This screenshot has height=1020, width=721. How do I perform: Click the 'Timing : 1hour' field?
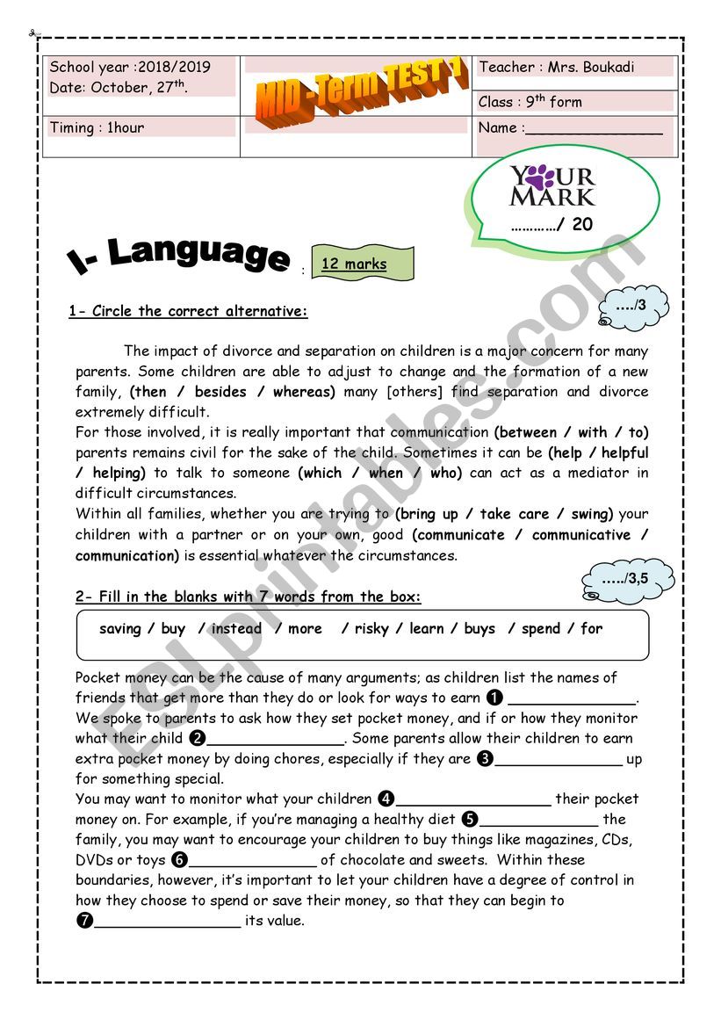point(97,128)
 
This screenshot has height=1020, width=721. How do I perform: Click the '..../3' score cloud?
point(634,308)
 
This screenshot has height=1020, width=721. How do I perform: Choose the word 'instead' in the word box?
point(236,629)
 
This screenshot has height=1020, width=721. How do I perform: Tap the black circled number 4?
point(386,799)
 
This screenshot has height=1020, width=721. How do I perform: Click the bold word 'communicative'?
point(580,535)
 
